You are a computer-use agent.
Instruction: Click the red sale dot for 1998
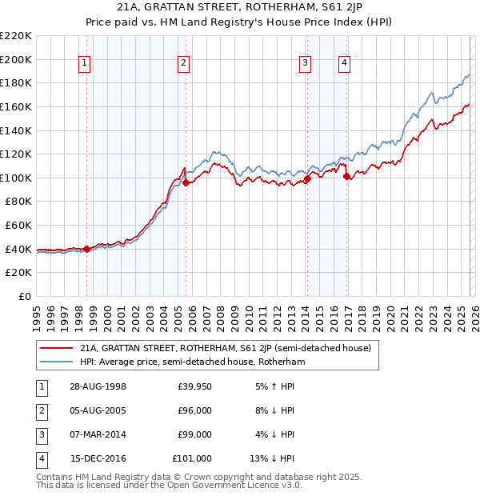click(87, 249)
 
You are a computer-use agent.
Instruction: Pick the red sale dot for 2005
click(186, 182)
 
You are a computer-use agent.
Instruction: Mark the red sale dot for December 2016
click(347, 177)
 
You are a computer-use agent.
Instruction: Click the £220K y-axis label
click(16, 36)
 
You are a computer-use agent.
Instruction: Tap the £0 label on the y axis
click(26, 296)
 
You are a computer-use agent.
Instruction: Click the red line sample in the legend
click(56, 349)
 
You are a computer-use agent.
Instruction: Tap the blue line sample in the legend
click(56, 362)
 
